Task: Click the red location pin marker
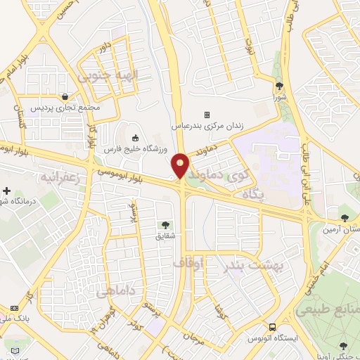pos(181,165)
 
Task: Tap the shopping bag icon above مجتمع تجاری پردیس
pos(65,96)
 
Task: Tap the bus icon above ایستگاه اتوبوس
pos(272,326)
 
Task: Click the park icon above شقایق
pos(165,226)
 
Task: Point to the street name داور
pos(105,51)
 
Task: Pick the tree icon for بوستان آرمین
pos(344,217)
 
